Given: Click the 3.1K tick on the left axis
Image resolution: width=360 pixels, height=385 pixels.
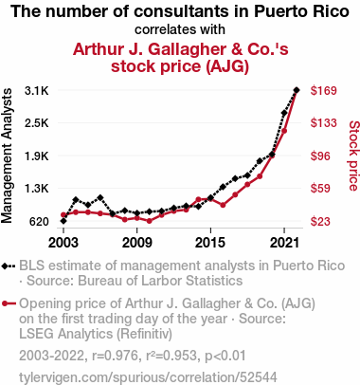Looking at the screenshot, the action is click(37, 91).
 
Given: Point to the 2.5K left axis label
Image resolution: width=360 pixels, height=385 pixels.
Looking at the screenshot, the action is click(37, 123).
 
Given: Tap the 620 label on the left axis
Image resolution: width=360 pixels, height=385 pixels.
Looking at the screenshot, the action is click(39, 222).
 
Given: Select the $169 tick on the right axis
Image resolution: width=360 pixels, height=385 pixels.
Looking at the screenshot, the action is click(324, 91).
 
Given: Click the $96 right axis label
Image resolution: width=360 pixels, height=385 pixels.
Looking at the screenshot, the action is click(320, 156).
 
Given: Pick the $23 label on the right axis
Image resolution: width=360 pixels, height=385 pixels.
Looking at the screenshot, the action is click(320, 222).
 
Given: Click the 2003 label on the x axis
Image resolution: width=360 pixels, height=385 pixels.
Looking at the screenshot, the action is click(63, 243).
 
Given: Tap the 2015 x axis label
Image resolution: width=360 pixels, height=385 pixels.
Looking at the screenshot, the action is click(210, 243).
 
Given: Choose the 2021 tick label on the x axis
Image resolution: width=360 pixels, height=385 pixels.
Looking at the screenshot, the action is click(284, 243).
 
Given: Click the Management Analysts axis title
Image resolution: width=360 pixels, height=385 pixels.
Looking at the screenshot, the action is click(7, 156).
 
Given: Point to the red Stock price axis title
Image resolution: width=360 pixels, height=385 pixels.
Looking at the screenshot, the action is click(353, 156).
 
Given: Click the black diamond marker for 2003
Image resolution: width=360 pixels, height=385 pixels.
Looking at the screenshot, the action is click(63, 221).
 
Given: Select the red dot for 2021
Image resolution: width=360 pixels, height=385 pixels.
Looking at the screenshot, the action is click(284, 131).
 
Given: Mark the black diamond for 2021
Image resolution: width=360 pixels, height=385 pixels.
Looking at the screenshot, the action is click(284, 113).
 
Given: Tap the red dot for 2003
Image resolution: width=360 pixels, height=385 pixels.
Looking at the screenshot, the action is click(63, 215).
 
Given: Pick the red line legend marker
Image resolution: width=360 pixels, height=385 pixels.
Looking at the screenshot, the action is click(9, 303).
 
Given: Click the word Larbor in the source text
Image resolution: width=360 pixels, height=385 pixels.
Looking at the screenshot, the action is click(169, 281).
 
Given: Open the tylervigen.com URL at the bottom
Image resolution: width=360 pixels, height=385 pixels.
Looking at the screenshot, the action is click(148, 377).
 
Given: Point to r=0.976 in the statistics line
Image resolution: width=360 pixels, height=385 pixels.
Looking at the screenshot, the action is click(116, 356).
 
